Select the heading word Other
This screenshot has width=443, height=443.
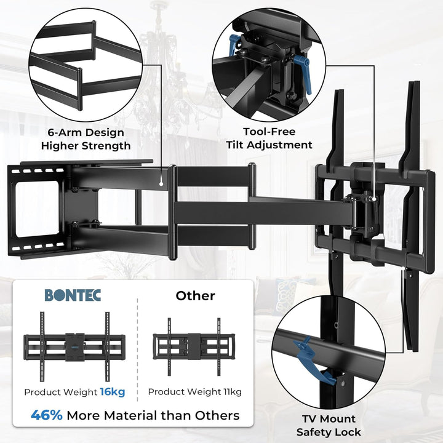[x=195, y=295]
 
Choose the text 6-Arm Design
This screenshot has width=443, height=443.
[x=86, y=132]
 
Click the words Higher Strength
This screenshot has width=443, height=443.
[x=86, y=146]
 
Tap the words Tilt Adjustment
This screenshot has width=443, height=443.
[x=269, y=145]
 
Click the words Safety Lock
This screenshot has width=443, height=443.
[x=329, y=432]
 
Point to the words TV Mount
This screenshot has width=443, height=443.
[x=329, y=419]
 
